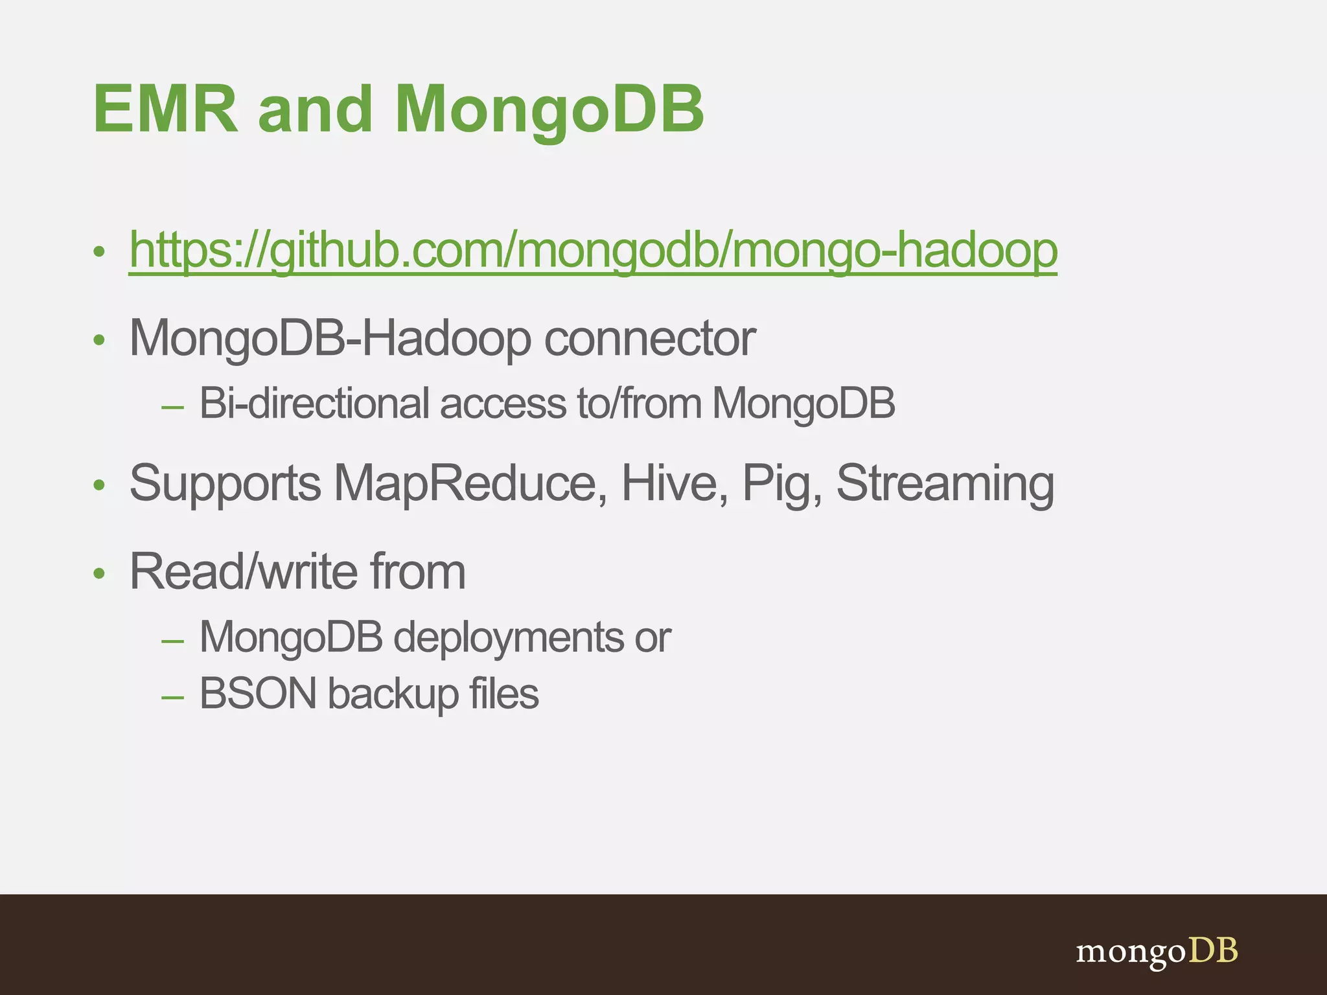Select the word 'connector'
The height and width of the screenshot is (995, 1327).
tap(649, 338)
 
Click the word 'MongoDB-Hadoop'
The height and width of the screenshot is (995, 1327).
tap(330, 338)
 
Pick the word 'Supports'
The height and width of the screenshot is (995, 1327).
tap(225, 483)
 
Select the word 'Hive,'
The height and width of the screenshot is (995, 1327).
tap(675, 483)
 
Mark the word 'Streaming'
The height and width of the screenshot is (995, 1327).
tap(945, 483)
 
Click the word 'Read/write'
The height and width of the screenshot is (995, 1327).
tap(243, 571)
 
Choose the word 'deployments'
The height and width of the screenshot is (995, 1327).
tap(509, 637)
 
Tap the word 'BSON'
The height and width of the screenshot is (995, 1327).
tap(258, 694)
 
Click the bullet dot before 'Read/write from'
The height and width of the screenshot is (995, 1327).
tap(98, 573)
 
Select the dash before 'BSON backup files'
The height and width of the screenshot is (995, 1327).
tap(172, 697)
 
